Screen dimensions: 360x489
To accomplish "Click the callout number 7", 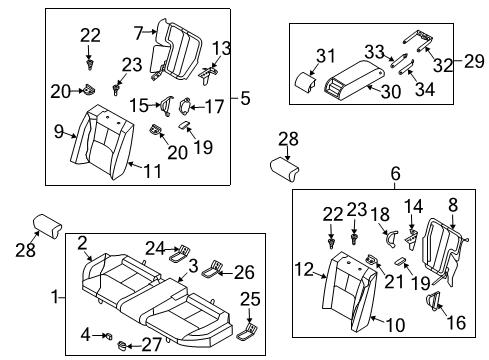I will click(x=139, y=32).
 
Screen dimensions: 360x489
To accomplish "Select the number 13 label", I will click(x=221, y=48).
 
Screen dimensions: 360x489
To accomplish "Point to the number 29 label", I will click(x=474, y=62).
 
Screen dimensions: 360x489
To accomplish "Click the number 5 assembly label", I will click(x=246, y=98).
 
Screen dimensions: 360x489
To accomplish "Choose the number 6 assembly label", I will click(x=395, y=174).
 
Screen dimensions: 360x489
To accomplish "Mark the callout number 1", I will click(x=56, y=297).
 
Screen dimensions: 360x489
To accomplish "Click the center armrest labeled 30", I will click(x=357, y=76).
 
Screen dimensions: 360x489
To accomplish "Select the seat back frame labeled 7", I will click(x=178, y=50).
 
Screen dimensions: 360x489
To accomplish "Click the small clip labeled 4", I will click(x=112, y=334).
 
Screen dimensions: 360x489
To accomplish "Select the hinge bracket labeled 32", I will click(x=424, y=45).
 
